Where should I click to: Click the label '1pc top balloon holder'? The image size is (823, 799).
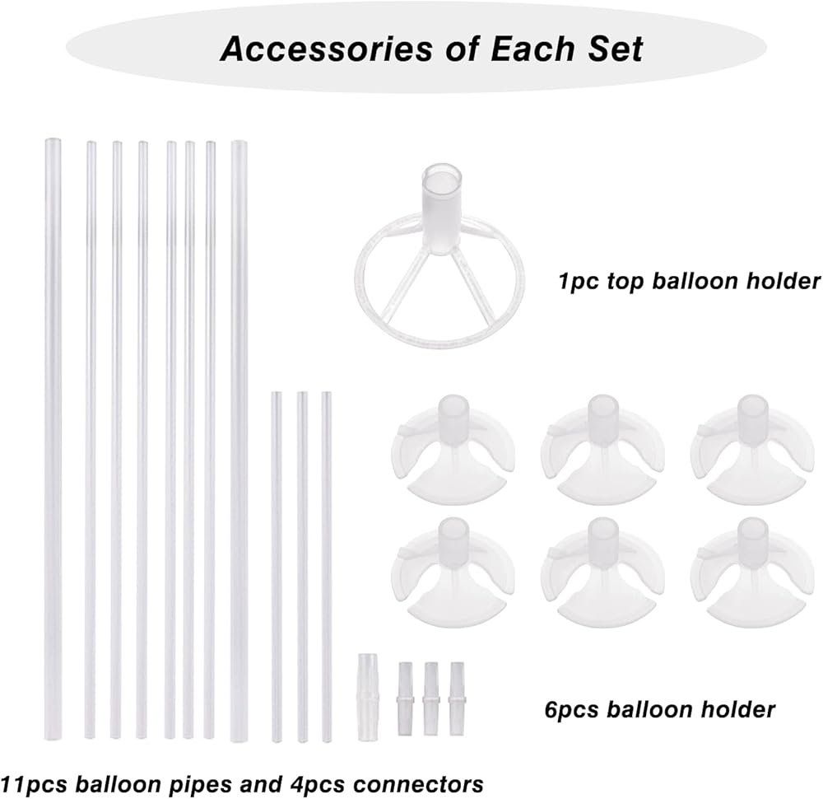[x=688, y=282]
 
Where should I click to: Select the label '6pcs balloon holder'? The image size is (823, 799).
[x=659, y=708]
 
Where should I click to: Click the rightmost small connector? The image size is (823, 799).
[x=456, y=690]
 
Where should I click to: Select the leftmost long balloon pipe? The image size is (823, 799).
[x=53, y=437]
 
